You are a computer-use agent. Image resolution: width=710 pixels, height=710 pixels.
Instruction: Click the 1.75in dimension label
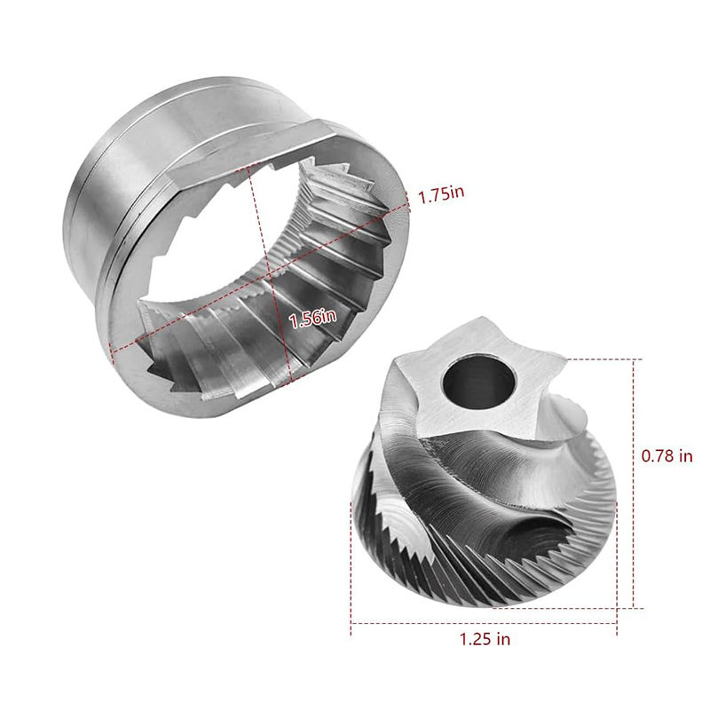tap(441, 194)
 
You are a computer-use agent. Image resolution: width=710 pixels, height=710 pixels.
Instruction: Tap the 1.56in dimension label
tap(312, 318)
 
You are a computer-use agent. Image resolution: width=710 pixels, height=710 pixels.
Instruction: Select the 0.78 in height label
tap(667, 455)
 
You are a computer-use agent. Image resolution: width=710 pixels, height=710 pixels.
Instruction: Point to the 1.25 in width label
tap(485, 639)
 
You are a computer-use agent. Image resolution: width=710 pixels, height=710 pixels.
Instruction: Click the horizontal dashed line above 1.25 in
tap(484, 623)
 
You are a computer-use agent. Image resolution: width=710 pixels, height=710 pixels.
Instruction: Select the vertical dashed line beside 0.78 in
tap(633, 483)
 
